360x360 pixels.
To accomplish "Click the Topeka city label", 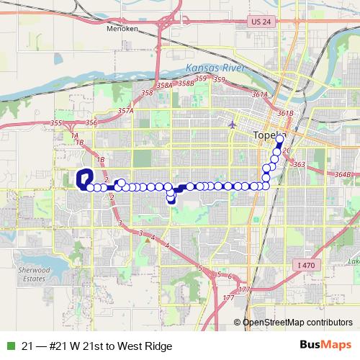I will coord(271,136).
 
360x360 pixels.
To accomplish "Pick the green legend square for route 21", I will coord(9,346).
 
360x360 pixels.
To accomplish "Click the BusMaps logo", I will coord(330,346).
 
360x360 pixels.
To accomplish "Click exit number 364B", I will coord(343,174).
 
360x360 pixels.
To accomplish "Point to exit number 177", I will coord(230,297).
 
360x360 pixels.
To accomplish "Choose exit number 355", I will coord(56,124).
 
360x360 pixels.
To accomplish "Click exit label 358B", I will coord(186,83).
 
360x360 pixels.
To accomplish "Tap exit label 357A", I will coord(126,111).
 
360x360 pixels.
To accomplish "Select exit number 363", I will coord(300,165).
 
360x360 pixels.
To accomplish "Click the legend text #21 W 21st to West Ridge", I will coord(97,346).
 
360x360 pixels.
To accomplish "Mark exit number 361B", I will coord(285,113).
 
